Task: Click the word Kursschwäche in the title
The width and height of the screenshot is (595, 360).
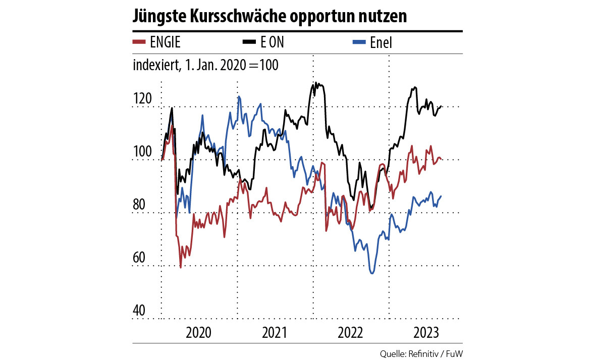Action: [x=235, y=16]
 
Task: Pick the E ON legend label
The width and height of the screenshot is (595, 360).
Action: [x=272, y=43]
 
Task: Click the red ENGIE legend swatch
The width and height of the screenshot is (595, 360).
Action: [x=139, y=42]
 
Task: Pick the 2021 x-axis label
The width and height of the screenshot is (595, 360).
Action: [x=275, y=333]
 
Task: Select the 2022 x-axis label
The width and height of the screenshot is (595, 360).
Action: [x=350, y=333]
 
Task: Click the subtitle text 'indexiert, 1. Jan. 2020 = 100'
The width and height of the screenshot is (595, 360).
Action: [x=205, y=66]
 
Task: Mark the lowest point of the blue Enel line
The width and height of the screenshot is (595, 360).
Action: [x=372, y=273]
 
